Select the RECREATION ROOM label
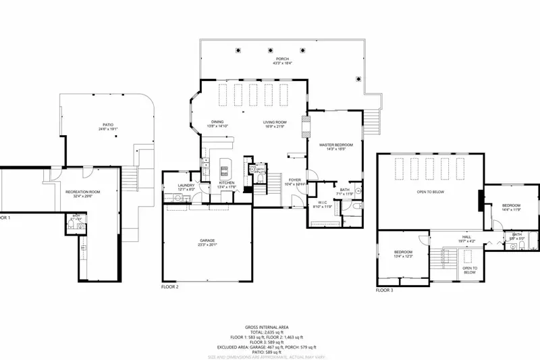(x=82, y=192)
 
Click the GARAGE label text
(x=207, y=240)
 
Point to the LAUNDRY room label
(x=186, y=185)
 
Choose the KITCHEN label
(x=226, y=183)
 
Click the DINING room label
(x=217, y=122)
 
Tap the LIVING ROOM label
(x=274, y=122)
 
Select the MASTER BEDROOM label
(x=332, y=145)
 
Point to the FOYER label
(x=295, y=180)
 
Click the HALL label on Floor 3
(x=466, y=237)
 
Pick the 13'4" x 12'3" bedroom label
(x=403, y=252)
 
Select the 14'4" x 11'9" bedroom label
(x=510, y=205)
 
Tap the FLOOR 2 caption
(x=169, y=287)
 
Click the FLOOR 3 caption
(x=383, y=291)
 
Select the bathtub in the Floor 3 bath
(x=531, y=240)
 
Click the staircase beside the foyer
(x=274, y=181)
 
